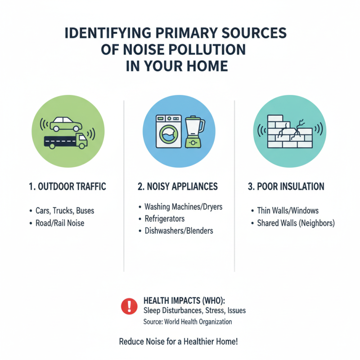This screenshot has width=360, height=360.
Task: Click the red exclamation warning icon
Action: pos(129,306)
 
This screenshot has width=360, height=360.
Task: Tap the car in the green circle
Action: pos(66,124)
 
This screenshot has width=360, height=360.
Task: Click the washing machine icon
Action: pos(169,131)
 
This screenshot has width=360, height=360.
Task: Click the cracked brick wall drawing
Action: pos(290,131)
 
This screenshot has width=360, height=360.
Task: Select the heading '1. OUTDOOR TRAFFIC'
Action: pos(67,186)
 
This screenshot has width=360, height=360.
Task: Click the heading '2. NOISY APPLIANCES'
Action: pos(178,186)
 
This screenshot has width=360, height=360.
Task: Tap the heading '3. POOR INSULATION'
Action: pos(286,186)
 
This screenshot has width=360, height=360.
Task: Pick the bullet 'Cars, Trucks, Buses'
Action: pos(65,211)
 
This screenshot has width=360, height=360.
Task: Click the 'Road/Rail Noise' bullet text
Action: pos(60,223)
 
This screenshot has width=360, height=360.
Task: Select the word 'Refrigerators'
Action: pos(165,219)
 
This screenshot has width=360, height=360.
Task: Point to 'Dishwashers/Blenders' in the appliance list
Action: pos(179,231)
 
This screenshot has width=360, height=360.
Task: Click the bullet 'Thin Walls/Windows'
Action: pos(288,211)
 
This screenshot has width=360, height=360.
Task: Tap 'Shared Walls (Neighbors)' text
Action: pos(296,223)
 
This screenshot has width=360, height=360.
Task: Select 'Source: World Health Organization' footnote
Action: pos(188,322)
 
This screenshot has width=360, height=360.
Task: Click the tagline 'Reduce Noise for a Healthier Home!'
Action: pos(178,342)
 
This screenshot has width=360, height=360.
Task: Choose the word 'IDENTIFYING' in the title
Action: pos(108,33)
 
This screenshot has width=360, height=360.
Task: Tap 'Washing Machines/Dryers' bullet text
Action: pos(184,207)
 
